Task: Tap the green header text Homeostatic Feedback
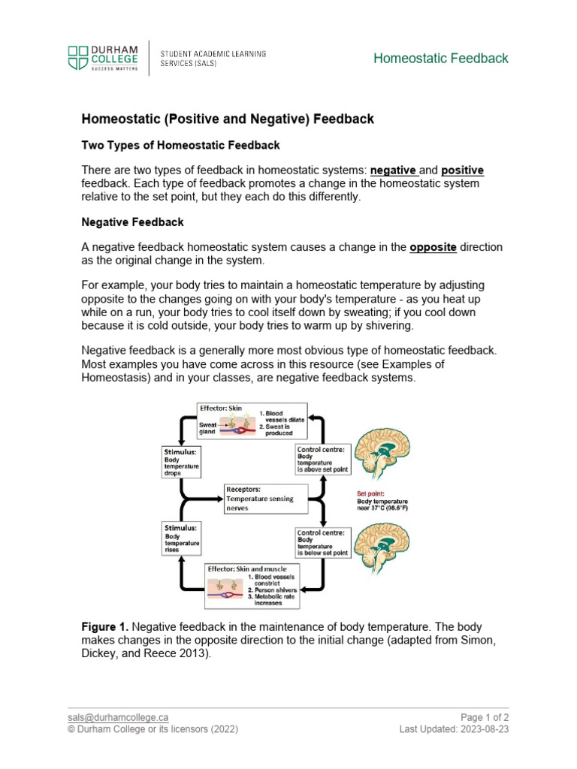click(441, 58)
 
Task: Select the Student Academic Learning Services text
click(213, 58)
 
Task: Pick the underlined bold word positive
click(462, 170)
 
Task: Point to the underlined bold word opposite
click(433, 247)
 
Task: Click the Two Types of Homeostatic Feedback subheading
click(180, 145)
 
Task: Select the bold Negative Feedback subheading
click(132, 222)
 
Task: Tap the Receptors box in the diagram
click(260, 497)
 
